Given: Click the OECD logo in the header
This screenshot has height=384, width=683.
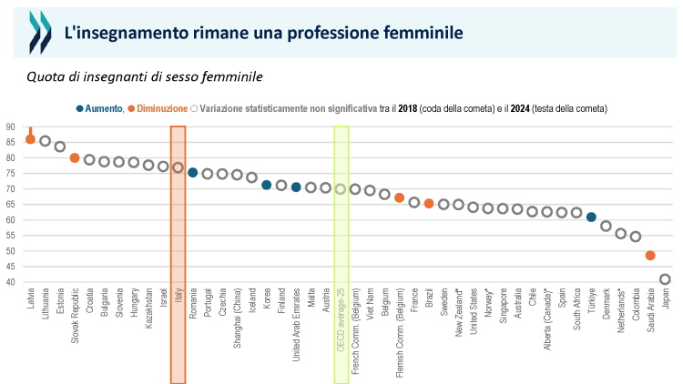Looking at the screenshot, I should pyautogui.click(x=41, y=33).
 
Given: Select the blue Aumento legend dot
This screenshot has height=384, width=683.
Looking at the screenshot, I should pyautogui.click(x=80, y=108).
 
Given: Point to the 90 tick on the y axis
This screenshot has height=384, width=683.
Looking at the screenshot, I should pyautogui.click(x=9, y=126).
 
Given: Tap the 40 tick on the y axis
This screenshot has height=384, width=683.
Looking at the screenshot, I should pyautogui.click(x=9, y=282).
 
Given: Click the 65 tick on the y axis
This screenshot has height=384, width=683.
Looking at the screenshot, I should pyautogui.click(x=9, y=204).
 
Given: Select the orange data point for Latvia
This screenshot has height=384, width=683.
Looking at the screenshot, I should pyautogui.click(x=30, y=139).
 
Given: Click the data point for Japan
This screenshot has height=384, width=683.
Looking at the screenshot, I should pyautogui.click(x=665, y=279).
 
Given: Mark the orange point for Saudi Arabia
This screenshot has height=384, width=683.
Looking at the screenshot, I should pyautogui.click(x=650, y=256).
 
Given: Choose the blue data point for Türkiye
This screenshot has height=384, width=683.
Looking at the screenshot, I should pyautogui.click(x=591, y=217).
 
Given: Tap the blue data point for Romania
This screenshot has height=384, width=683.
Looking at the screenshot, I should pyautogui.click(x=192, y=172).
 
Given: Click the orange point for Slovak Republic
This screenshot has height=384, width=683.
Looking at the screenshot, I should pyautogui.click(x=75, y=157).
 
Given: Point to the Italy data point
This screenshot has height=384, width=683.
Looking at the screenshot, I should pyautogui.click(x=178, y=167).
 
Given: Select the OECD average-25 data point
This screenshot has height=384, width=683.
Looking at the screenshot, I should pyautogui.click(x=341, y=189).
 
